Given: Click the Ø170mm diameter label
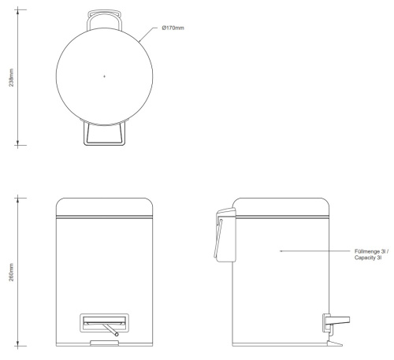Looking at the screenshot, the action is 173,28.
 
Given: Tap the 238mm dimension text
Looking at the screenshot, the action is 11,77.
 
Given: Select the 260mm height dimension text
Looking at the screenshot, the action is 11,272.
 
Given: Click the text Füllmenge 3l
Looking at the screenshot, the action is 371,251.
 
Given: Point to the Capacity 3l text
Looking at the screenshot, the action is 368,258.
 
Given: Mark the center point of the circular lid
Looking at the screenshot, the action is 104,76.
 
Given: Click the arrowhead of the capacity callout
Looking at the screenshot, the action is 281,251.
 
